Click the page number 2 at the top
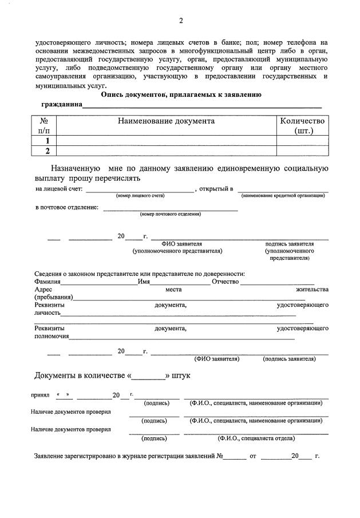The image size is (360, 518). (180, 21)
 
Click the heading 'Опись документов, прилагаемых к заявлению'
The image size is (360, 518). (181, 95)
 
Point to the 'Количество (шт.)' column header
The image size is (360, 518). (302, 125)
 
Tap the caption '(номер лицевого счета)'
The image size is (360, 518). (140, 196)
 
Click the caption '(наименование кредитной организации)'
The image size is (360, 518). (283, 196)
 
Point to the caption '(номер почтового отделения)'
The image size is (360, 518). (170, 214)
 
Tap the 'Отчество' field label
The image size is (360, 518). (225, 281)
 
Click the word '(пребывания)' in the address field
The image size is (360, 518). (53, 297)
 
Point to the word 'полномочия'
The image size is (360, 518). (52, 336)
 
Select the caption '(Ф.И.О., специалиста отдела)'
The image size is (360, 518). (256, 438)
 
